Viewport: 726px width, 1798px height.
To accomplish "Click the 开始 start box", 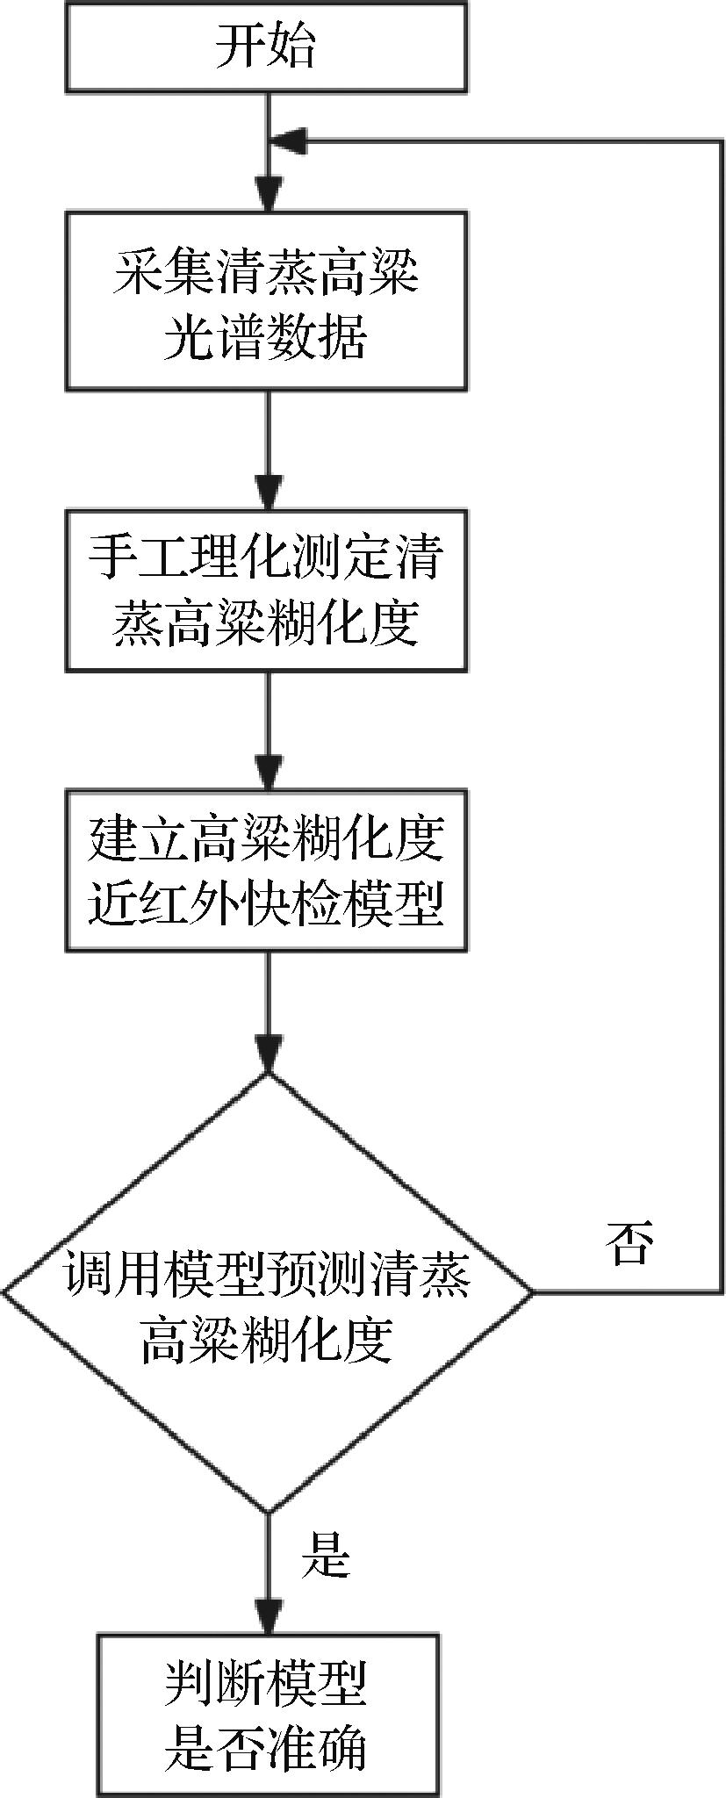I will (266, 47).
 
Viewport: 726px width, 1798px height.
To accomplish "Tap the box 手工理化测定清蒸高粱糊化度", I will (266, 590).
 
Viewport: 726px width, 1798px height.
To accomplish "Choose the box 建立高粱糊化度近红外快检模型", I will (266, 869).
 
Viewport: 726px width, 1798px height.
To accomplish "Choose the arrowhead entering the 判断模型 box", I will (267, 1616).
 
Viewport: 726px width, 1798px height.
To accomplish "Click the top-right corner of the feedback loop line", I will (722, 140).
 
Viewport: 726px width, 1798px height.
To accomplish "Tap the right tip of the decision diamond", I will (530, 1292).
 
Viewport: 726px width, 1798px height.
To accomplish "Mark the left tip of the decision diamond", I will (5, 1292).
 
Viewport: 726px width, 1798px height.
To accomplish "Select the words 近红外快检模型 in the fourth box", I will (266, 902).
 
